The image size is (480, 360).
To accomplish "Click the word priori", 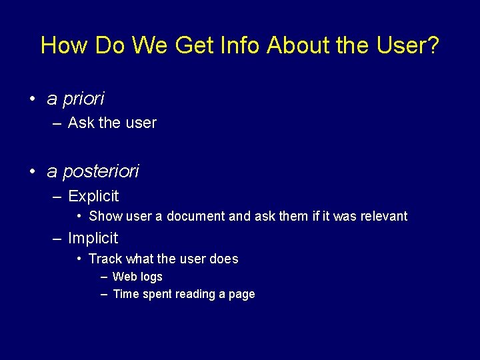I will [x=83, y=99].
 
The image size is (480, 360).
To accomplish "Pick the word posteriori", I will [x=101, y=172].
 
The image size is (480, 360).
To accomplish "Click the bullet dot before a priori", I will [x=32, y=99].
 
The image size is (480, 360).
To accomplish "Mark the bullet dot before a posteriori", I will [x=32, y=171].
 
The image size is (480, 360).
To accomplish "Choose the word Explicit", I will [x=93, y=196].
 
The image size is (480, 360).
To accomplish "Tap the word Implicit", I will [x=93, y=238].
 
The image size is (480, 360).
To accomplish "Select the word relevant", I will [x=383, y=216].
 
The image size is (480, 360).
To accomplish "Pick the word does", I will [x=223, y=259].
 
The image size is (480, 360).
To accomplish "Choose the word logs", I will [x=151, y=277].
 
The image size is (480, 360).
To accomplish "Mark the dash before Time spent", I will [x=105, y=294].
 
